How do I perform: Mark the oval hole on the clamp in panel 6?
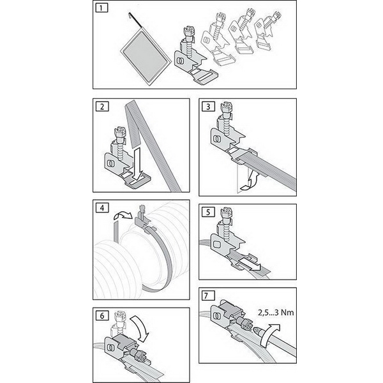coord(111,349)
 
